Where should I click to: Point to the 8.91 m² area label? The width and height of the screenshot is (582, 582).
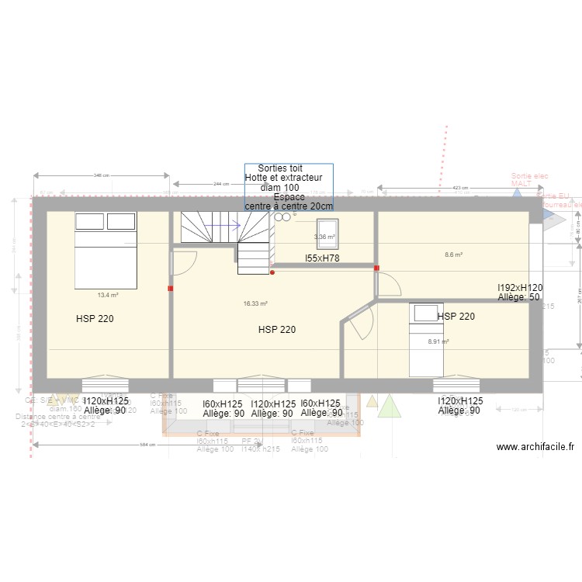438,341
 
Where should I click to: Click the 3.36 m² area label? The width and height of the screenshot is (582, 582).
324,237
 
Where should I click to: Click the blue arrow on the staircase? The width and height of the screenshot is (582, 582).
224,227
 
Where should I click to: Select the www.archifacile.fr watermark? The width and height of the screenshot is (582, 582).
535,447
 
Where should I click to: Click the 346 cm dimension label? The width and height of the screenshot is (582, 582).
101,175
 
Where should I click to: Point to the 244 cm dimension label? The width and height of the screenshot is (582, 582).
222,184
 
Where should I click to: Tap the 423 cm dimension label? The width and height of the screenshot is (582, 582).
460,188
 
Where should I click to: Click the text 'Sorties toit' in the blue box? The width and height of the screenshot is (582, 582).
280,168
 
